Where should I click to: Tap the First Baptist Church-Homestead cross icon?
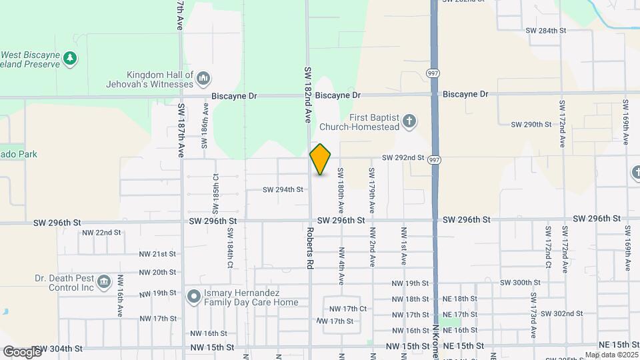click(x=410, y=121)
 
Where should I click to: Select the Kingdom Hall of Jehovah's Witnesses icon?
click(x=203, y=79)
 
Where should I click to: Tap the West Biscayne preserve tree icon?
click(x=69, y=59)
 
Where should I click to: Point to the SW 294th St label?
click(x=283, y=189)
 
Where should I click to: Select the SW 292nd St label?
click(x=403, y=158)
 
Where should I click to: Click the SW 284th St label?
click(x=545, y=31)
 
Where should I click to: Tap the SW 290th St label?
click(x=531, y=125)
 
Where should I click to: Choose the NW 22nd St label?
click(x=101, y=233)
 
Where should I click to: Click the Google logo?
click(x=22, y=351)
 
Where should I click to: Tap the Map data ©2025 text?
click(x=611, y=355)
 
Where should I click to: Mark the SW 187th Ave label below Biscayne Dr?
click(x=181, y=130)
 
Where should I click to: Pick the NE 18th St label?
click(x=460, y=299)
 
